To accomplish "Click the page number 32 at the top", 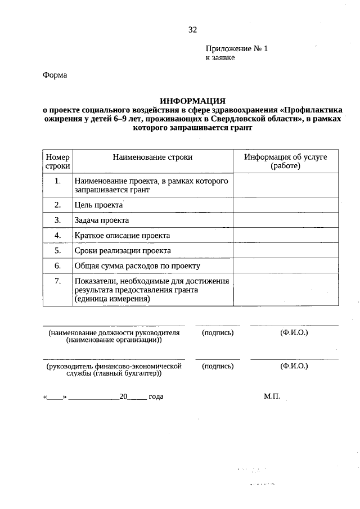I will tap(193, 30).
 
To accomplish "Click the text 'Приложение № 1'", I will tap(237, 49).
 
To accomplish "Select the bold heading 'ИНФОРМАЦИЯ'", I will tap(192, 100).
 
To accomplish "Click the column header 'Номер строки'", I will tap(58, 161).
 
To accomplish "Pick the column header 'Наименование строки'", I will tap(152, 157).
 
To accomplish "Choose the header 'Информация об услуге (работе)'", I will tap(285, 161).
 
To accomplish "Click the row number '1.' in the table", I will tap(58, 181).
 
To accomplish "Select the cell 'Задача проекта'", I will tap(102, 220).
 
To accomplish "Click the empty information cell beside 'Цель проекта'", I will tap(285, 206).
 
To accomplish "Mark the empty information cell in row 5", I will tap(285, 251).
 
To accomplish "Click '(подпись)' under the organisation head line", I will tap(218, 333).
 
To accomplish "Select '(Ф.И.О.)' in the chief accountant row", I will tap(294, 366).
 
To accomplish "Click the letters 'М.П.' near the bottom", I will tap(272, 397).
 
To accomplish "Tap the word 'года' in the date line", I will tap(156, 397).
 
